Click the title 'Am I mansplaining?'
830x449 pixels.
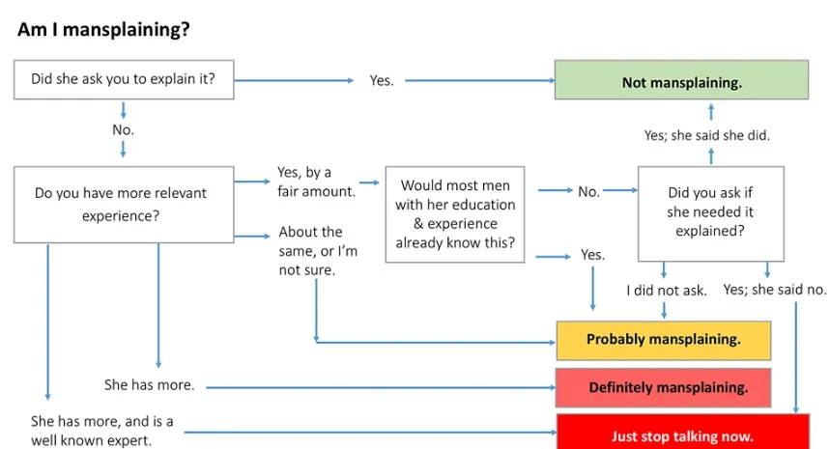(103, 29)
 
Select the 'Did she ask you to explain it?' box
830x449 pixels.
(124, 79)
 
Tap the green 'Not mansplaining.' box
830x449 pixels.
(681, 80)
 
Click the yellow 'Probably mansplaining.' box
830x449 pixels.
(663, 340)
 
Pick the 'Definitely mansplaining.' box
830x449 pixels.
(663, 387)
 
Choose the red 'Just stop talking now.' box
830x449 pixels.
(683, 432)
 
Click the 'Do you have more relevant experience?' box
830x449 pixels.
(124, 205)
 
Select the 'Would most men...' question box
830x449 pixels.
(455, 214)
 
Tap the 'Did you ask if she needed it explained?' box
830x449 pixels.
(711, 213)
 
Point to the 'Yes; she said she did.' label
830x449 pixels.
(706, 135)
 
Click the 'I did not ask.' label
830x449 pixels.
(667, 291)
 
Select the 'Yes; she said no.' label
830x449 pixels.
(774, 290)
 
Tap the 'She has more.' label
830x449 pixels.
(149, 384)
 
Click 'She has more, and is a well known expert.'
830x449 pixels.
(101, 431)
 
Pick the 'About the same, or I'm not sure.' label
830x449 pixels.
(318, 251)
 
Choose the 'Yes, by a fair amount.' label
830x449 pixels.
(317, 182)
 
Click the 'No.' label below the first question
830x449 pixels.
(124, 129)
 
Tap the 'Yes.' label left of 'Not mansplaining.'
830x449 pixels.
(382, 80)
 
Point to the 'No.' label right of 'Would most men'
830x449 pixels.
(588, 191)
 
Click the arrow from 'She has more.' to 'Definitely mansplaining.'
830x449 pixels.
(381, 387)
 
